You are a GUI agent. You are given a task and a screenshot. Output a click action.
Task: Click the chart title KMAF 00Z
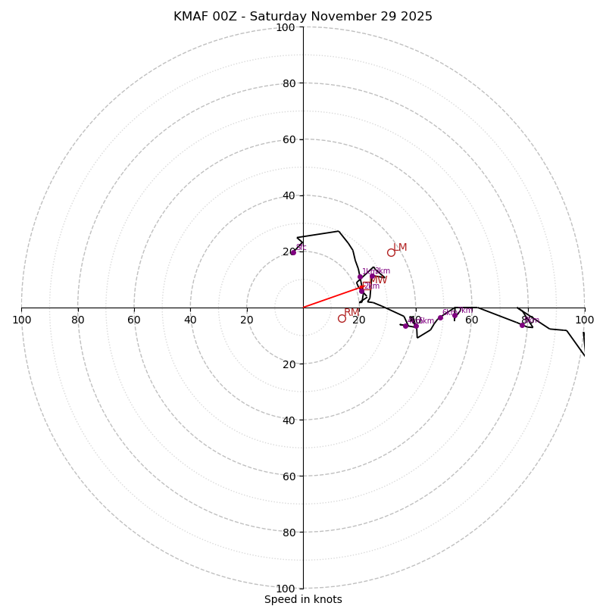coord(303,17)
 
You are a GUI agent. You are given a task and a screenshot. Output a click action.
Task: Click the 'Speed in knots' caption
coord(303,599)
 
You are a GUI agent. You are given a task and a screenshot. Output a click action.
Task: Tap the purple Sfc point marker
coord(292,252)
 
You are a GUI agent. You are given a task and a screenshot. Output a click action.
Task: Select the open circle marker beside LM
coord(391,252)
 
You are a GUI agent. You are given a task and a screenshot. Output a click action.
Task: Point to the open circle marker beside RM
coord(342,318)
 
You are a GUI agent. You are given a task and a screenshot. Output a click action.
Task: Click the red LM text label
coord(400,248)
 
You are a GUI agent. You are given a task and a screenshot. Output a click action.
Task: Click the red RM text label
coord(351,313)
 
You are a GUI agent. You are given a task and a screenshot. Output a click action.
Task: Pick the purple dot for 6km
coord(440,317)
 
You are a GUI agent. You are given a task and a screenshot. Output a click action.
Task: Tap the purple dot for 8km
coord(522,325)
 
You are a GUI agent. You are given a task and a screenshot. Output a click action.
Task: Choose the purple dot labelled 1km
coord(361,276)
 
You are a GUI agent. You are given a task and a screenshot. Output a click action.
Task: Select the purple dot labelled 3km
coord(372,276)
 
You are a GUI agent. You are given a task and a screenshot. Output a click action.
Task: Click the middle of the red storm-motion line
coord(333,298)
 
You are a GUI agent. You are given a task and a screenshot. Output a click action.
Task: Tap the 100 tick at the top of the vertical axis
coord(286,27)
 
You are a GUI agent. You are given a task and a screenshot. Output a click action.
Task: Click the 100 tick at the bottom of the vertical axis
coord(286,589)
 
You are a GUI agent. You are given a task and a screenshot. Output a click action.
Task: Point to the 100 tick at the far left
coord(22,320)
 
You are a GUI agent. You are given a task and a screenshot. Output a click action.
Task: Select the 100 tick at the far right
coord(584,320)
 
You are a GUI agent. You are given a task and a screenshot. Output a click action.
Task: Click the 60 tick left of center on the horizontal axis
coord(134,320)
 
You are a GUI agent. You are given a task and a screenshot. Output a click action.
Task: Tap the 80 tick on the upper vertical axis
coord(288,83)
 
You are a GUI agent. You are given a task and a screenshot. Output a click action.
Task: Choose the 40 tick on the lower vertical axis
coord(288,420)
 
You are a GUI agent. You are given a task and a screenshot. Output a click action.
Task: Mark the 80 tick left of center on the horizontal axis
coord(78,320)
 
